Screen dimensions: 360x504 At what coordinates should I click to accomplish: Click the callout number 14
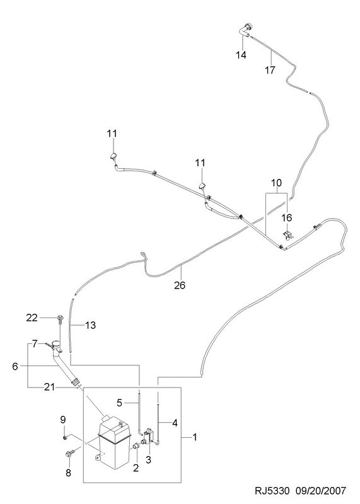[241, 55]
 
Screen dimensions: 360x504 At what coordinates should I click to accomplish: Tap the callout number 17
[270, 70]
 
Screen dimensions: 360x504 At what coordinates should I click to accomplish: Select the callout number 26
[180, 285]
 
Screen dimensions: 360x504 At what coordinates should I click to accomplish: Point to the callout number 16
[287, 218]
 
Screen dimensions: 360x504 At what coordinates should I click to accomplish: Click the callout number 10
[276, 183]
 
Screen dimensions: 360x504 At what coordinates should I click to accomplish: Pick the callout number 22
[32, 318]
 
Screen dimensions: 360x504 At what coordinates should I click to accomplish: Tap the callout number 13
[90, 325]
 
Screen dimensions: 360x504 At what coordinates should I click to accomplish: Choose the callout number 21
[50, 387]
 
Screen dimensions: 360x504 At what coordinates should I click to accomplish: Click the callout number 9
[63, 420]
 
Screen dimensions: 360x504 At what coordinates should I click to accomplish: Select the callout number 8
[68, 473]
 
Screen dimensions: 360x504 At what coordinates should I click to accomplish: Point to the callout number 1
[195, 437]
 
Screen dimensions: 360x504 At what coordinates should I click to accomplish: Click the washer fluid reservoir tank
[113, 443]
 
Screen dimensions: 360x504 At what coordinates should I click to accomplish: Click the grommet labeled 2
[136, 445]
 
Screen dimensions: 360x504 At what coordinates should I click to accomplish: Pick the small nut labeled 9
[65, 437]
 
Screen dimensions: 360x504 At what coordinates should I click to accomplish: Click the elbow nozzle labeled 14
[246, 30]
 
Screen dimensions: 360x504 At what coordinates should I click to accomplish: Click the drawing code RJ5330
[272, 491]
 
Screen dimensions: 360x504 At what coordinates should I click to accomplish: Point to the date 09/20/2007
[322, 491]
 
